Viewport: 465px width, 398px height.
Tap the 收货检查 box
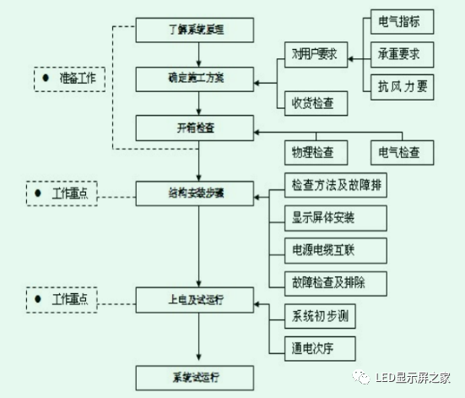pos(314,104)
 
